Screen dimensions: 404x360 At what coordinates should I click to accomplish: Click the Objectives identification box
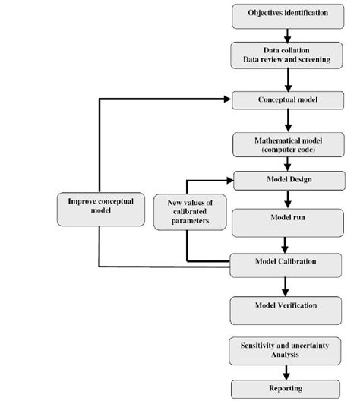click(288, 14)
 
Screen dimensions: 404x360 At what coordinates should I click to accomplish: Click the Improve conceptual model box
click(100, 206)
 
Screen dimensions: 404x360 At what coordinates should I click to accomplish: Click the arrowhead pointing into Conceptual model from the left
click(227, 99)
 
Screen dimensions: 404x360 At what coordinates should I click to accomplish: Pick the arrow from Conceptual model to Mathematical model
click(287, 120)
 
